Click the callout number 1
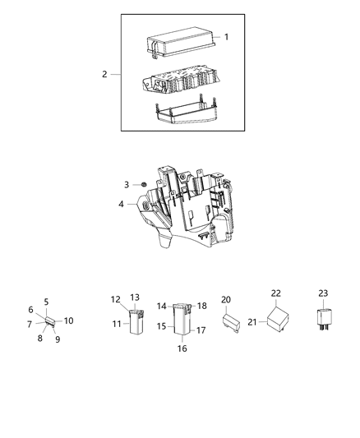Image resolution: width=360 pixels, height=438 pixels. point(226,37)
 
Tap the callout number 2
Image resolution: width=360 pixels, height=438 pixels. point(104,75)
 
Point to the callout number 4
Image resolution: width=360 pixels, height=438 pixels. point(122,205)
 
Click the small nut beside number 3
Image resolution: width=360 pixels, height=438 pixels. point(142,186)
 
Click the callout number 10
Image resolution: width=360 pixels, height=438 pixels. point(69,320)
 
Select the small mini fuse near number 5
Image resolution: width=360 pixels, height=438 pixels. point(51,322)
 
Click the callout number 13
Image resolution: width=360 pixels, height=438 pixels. point(135,297)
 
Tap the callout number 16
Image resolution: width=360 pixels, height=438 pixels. point(182,348)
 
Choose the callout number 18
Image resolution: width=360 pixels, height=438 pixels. point(202,305)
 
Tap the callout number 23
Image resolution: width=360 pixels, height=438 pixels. point(322,293)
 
